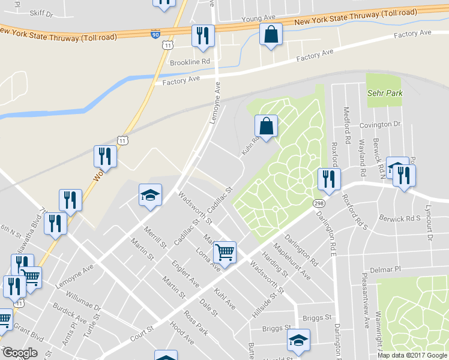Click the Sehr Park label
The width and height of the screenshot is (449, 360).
click(385, 94)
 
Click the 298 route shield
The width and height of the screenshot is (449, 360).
click(318, 204)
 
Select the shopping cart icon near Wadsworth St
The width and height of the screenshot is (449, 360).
click(224, 252)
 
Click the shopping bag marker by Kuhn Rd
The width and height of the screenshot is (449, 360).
click(266, 126)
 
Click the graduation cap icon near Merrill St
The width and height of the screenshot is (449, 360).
click(150, 194)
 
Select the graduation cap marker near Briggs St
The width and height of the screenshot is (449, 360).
click(298, 340)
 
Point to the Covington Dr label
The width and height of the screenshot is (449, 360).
click(379, 125)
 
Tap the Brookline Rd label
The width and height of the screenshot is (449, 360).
click(190, 62)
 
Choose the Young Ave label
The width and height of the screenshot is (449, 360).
click(258, 20)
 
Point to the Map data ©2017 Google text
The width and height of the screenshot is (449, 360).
click(412, 355)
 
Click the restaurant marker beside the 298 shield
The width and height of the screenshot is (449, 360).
click(328, 178)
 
